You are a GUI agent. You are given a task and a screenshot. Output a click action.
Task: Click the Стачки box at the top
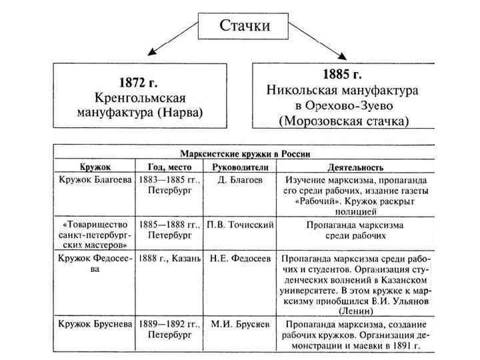[245, 27]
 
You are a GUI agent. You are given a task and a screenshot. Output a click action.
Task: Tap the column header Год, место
[169, 166]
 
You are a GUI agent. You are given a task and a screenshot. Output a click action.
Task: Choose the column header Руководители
[239, 166]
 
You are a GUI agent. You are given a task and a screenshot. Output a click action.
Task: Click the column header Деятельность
[355, 166]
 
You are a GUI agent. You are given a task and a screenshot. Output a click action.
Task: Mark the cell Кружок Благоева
[95, 180]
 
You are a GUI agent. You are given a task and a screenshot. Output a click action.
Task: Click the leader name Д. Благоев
[241, 180]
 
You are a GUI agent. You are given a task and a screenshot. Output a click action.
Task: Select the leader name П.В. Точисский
[240, 225]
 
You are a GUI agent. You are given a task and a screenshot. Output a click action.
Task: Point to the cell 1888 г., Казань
[170, 259]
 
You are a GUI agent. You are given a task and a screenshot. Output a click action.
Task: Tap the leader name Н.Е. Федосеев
[240, 259]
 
